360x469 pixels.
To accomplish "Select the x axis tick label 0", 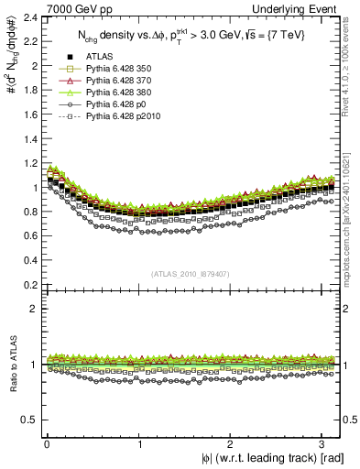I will [47, 446].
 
